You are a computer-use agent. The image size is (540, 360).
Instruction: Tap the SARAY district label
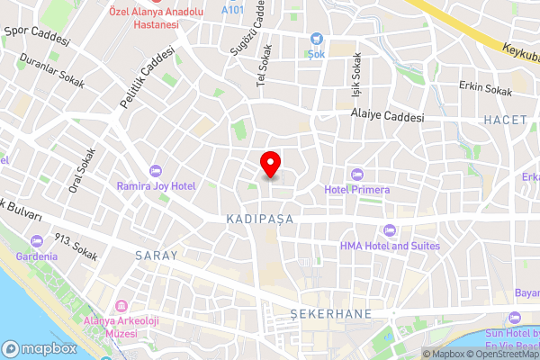[156, 256]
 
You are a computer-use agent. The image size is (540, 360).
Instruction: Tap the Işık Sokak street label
[355, 76]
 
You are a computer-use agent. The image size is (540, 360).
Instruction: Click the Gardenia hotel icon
[37, 240]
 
